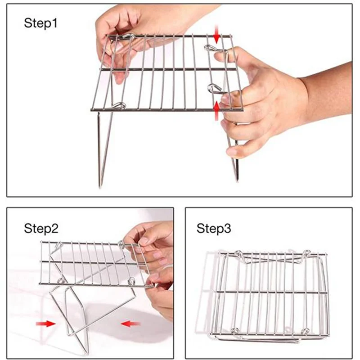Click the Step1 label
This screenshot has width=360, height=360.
(40, 23)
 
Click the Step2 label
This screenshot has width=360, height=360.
(41, 228)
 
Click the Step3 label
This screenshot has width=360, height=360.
(214, 228)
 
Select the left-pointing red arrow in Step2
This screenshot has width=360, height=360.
(130, 323)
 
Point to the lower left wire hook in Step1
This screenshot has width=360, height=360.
(118, 105)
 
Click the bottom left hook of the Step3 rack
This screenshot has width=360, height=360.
(234, 332)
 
